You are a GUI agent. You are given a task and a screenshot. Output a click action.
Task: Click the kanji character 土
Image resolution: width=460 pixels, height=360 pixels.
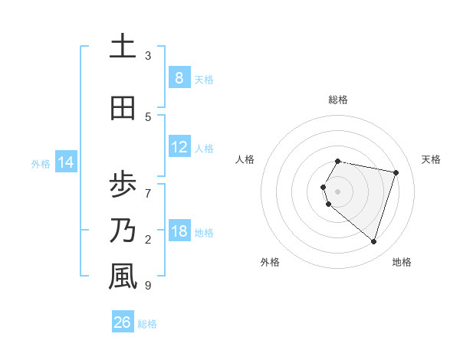pyautogui.click(x=123, y=47)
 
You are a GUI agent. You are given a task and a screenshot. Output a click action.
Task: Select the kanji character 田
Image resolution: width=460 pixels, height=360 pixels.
pyautogui.click(x=123, y=110)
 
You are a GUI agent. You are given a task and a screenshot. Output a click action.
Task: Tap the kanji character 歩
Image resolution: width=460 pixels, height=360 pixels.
pyautogui.click(x=123, y=185)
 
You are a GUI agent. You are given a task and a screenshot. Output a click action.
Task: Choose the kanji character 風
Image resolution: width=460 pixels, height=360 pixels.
pyautogui.click(x=123, y=277)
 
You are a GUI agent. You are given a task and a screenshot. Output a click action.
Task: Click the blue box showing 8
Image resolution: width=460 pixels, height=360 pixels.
pyautogui.click(x=179, y=78)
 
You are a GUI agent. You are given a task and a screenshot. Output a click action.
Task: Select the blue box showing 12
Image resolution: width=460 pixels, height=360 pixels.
pyautogui.click(x=179, y=147)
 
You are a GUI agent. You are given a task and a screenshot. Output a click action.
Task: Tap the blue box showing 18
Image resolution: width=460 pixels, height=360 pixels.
pyautogui.click(x=179, y=231)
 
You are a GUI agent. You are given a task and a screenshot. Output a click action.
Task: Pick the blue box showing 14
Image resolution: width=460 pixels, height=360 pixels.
pyautogui.click(x=66, y=162)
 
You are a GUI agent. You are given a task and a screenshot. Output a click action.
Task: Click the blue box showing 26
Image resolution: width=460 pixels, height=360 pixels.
pyautogui.click(x=123, y=322)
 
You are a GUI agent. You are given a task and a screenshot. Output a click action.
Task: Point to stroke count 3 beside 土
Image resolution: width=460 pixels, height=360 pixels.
pyautogui.click(x=148, y=56)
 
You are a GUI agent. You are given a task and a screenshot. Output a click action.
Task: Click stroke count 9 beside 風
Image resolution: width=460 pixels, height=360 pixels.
pyautogui.click(x=148, y=286)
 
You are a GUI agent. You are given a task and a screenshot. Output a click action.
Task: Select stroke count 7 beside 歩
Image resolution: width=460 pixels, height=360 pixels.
pyautogui.click(x=148, y=186)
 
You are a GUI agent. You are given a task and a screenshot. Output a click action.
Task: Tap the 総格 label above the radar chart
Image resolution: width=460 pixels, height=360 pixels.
pyautogui.click(x=338, y=100)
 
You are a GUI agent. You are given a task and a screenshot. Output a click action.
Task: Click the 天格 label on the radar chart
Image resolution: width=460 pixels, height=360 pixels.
pyautogui.click(x=431, y=159)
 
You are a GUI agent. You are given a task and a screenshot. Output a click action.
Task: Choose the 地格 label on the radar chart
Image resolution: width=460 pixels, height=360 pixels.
pyautogui.click(x=402, y=262)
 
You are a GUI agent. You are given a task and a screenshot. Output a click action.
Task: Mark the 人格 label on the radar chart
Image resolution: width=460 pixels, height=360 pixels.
pyautogui.click(x=245, y=159)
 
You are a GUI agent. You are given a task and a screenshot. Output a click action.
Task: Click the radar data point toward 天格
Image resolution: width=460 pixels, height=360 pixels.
pyautogui.click(x=396, y=172)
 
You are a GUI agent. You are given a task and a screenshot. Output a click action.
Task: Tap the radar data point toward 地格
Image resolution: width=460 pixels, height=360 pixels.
pyautogui.click(x=373, y=241)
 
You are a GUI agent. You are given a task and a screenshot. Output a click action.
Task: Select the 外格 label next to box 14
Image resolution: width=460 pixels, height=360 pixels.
pyautogui.click(x=40, y=163)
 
